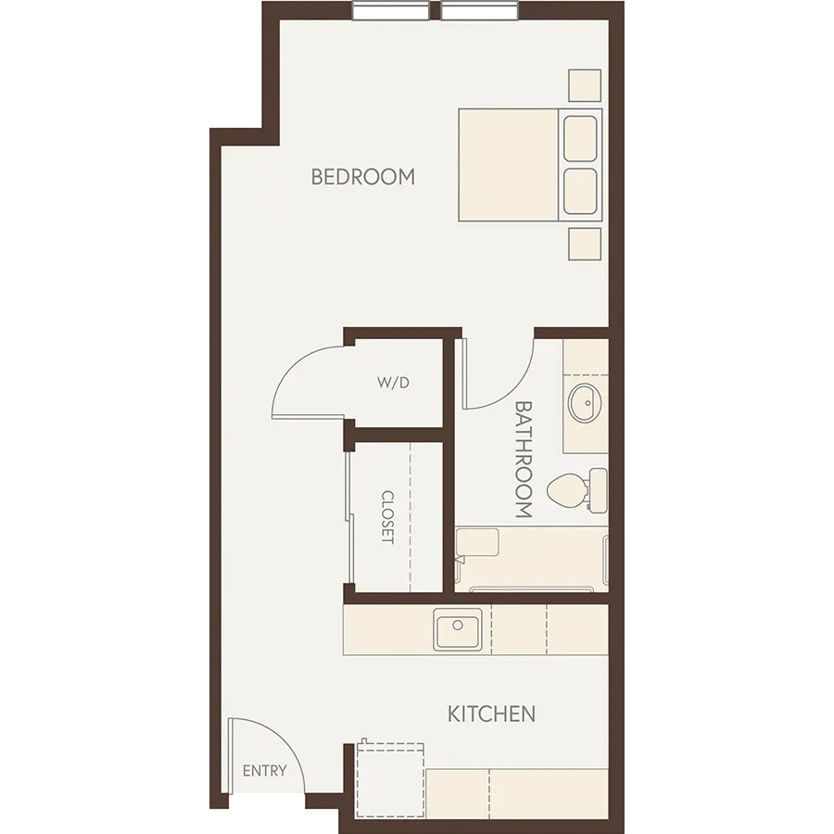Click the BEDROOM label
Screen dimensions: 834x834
click(x=362, y=177)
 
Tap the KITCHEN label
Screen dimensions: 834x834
click(x=491, y=714)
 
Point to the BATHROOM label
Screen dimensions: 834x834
click(x=524, y=459)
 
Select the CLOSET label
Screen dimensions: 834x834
click(x=387, y=517)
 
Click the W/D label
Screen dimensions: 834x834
click(x=393, y=383)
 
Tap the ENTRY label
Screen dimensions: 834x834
click(x=264, y=770)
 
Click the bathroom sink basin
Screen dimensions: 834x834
click(x=585, y=403)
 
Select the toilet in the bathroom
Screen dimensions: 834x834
click(x=577, y=490)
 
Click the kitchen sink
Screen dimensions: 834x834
click(x=458, y=630)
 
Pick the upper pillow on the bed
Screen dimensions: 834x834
click(x=580, y=138)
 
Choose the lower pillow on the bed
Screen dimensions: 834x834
click(x=580, y=192)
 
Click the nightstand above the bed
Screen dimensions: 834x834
click(x=585, y=85)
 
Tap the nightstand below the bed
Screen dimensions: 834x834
click(x=585, y=244)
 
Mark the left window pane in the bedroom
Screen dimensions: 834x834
click(x=391, y=10)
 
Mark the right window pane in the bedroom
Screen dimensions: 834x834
click(x=479, y=10)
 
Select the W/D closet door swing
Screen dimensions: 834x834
click(x=294, y=367)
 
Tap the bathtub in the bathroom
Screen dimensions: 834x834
click(x=531, y=560)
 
